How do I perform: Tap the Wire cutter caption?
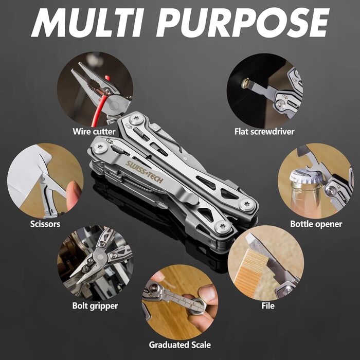pos(94,132)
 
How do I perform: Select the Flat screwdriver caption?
pos(264,132)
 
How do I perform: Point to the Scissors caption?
pos(45,224)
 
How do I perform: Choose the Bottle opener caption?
pos(316,224)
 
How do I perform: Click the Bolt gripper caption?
pos(95,306)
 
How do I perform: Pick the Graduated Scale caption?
pos(180,345)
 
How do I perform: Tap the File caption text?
pos(268,306)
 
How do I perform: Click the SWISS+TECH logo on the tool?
pos(145,172)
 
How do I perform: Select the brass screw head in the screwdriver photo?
pos(245,83)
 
